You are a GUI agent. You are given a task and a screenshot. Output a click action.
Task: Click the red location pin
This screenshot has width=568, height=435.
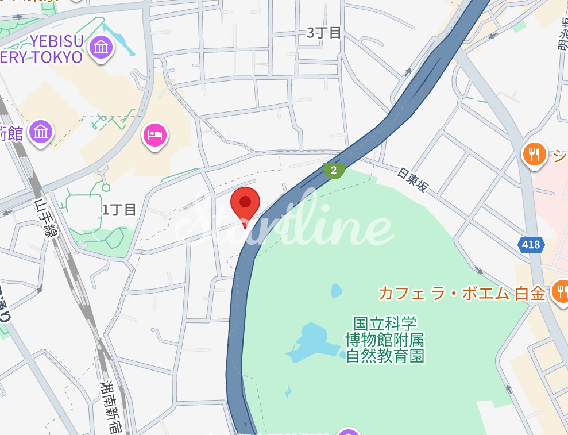(245, 203)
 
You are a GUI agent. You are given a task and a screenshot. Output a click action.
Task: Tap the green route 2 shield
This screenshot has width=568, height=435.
(333, 170)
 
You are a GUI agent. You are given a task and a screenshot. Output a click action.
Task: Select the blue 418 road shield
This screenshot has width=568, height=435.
(531, 245)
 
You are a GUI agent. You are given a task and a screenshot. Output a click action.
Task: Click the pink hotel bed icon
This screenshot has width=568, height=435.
(154, 135)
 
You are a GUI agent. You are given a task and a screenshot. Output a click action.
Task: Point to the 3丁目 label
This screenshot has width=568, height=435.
(324, 33)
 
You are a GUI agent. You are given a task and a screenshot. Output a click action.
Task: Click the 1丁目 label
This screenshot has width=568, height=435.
(119, 210)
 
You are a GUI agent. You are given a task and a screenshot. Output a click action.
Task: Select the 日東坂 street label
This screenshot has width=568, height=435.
(412, 180)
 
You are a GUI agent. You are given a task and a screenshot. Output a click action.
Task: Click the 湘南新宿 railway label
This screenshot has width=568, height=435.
(109, 406)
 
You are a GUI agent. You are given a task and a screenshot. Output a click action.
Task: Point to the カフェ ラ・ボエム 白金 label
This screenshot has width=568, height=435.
(461, 293)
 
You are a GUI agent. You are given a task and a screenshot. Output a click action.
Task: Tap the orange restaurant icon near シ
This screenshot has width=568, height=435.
(534, 153)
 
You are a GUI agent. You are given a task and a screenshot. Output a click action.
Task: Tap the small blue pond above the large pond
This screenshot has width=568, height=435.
(336, 291)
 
